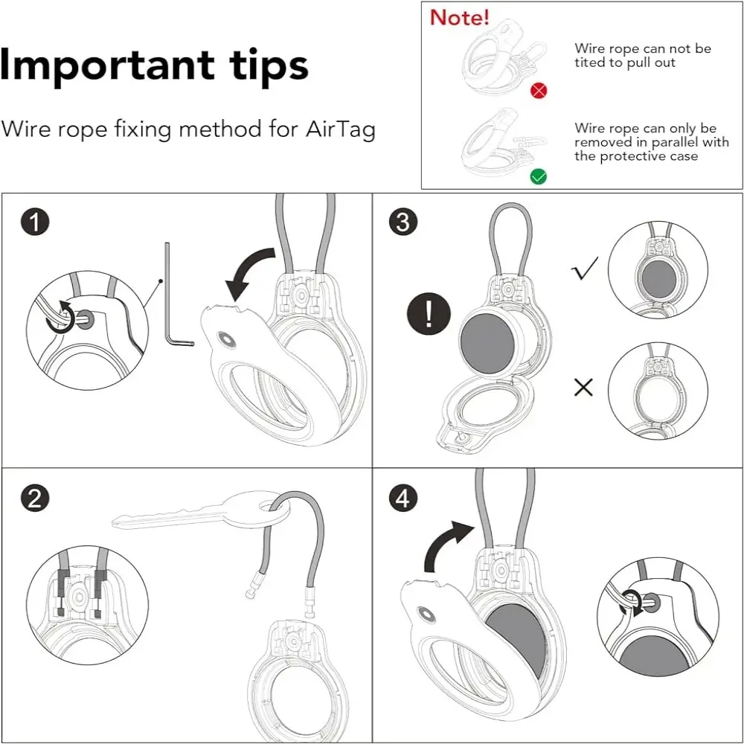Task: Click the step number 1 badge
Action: pyautogui.click(x=35, y=222)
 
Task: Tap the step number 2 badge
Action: pyautogui.click(x=35, y=498)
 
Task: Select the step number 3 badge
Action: pyautogui.click(x=403, y=222)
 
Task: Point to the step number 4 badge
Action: pyautogui.click(x=403, y=498)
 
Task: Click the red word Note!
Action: pyautogui.click(x=459, y=18)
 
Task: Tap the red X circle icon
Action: pyautogui.click(x=539, y=90)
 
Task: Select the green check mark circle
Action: pyautogui.click(x=539, y=177)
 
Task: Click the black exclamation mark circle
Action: pyautogui.click(x=429, y=314)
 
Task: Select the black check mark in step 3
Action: pyautogui.click(x=585, y=268)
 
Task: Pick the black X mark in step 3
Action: pyautogui.click(x=583, y=387)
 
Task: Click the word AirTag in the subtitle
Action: pyautogui.click(x=341, y=129)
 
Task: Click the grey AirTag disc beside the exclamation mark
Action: pyautogui.click(x=487, y=342)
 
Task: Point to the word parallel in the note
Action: pyautogui.click(x=664, y=142)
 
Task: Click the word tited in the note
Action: pyautogui.click(x=589, y=62)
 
